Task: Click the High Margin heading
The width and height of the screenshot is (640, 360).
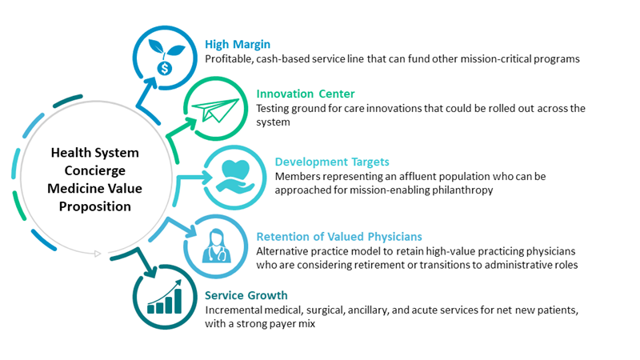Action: click(238, 45)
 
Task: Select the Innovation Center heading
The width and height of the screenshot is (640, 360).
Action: click(306, 94)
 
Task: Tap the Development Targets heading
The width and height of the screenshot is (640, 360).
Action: click(332, 162)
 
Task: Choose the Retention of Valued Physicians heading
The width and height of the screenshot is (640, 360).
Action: click(339, 237)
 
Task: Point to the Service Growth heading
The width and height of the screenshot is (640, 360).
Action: click(246, 295)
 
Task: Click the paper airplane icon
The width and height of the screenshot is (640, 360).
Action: click(215, 110)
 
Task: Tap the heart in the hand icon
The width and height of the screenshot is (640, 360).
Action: click(235, 176)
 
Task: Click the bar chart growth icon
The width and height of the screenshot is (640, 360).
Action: click(165, 297)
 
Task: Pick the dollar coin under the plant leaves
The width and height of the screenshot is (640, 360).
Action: click(165, 68)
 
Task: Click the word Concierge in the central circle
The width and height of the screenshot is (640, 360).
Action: click(94, 170)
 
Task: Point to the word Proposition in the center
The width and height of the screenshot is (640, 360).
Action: click(94, 206)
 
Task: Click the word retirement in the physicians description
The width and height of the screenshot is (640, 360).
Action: click(379, 266)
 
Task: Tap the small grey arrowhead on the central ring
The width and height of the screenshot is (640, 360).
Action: click(98, 254)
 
